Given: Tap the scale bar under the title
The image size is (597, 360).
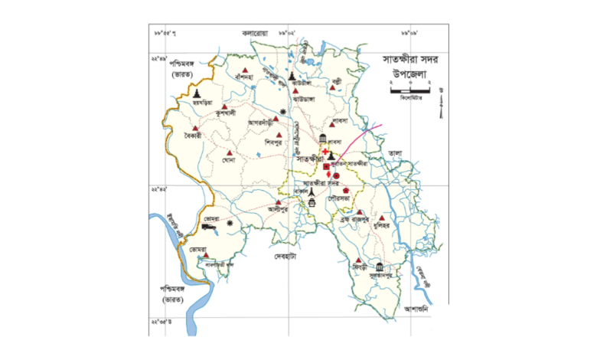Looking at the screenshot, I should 414,92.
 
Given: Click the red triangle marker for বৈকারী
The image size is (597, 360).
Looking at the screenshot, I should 195,128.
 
